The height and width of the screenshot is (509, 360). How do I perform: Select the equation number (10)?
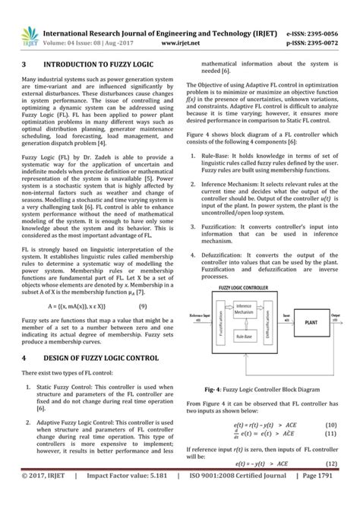pyautogui.click(x=330, y=425)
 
